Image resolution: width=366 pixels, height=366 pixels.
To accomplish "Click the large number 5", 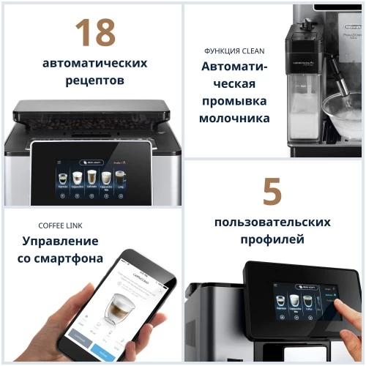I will click(x=272, y=192).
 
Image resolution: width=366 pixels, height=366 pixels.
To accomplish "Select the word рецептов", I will click(x=92, y=79).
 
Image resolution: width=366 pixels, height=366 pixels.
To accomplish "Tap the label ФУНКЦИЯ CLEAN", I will click(x=234, y=51).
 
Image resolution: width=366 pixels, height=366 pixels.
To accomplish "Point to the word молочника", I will click(x=234, y=118).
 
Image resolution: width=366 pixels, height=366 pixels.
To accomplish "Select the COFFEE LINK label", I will click(x=61, y=225).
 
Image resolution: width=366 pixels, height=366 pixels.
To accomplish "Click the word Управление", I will click(x=61, y=241).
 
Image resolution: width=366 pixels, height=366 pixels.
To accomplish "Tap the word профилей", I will click(x=272, y=239).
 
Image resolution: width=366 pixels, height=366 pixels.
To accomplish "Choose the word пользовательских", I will click(x=272, y=222).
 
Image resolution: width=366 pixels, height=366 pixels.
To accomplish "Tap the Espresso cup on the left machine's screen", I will click(x=62, y=178).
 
